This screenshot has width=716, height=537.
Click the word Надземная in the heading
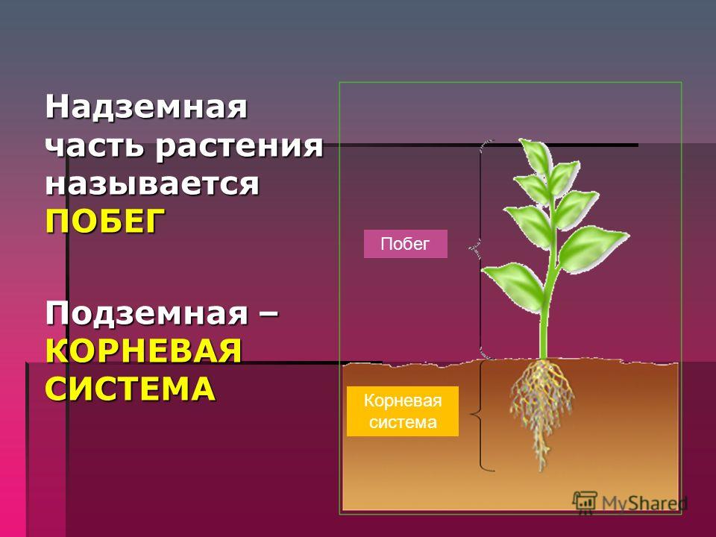coord(146,107)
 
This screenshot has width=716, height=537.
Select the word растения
coord(239,148)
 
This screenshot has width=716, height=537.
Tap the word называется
coord(152,184)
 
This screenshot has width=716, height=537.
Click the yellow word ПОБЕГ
coord(105,221)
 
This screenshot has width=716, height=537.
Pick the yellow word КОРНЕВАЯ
coord(143,351)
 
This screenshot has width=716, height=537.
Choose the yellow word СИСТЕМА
coord(130,389)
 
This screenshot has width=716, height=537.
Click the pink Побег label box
coord(406,244)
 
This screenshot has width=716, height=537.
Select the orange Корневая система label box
coord(402,411)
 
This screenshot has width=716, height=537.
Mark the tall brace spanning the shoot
coord(480,249)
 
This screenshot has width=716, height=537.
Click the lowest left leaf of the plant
coord(515,286)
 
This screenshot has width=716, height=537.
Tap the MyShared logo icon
coord(585,502)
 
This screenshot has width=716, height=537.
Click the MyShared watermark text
coord(644,503)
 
